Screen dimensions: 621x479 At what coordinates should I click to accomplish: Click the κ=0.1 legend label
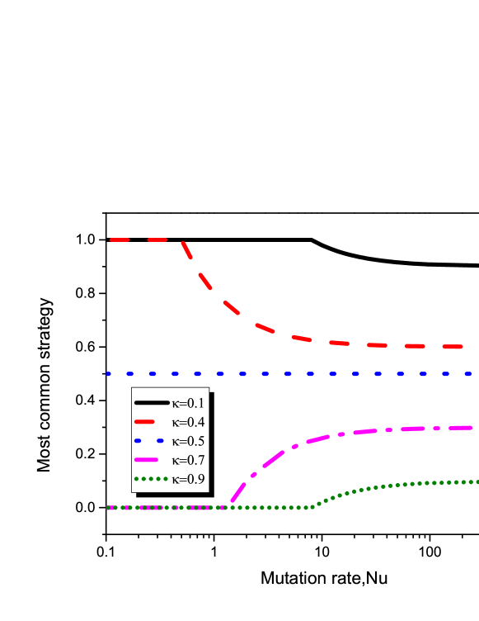188,403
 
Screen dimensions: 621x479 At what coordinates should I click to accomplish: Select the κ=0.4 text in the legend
188,422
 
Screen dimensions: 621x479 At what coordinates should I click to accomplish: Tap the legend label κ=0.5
188,441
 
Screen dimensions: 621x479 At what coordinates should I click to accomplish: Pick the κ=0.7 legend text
188,460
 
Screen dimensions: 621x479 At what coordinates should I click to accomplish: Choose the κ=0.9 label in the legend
188,479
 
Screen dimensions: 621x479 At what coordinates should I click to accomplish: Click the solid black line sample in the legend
151,403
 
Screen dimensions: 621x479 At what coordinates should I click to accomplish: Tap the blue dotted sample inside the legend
151,441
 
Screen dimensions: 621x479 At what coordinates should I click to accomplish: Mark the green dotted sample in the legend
151,479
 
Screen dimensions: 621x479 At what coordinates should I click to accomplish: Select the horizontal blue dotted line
289,373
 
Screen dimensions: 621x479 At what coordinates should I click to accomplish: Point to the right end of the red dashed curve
460,347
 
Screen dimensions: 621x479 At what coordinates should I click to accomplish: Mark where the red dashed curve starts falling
181,240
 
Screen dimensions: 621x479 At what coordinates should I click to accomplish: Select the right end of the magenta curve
472,428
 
